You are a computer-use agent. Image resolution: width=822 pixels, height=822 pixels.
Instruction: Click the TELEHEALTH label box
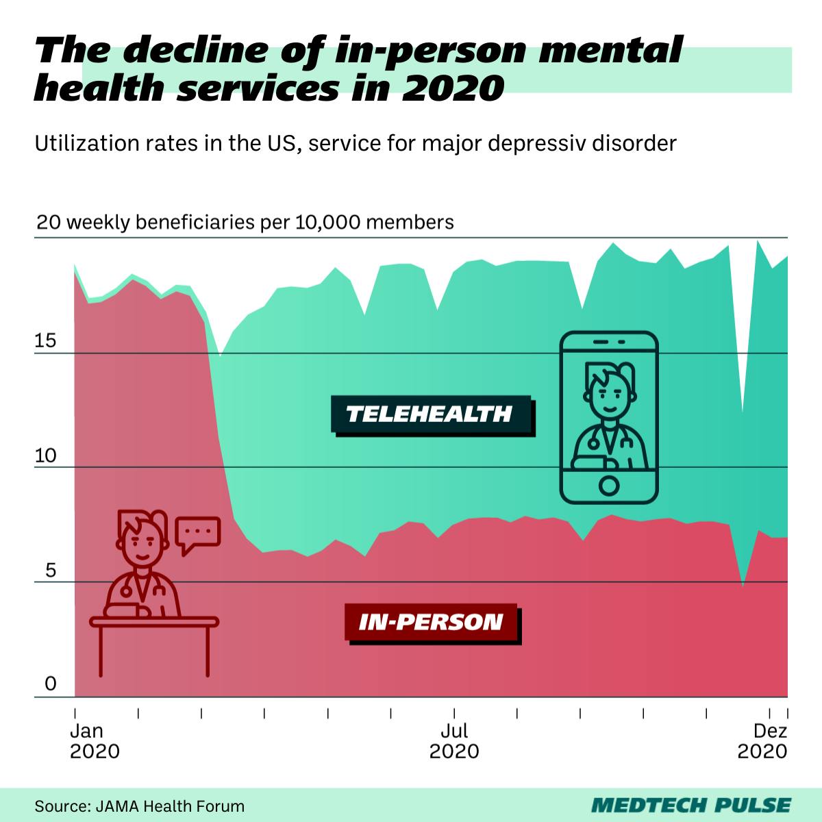[430, 414]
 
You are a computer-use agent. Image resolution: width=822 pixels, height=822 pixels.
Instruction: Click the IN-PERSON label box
[431, 622]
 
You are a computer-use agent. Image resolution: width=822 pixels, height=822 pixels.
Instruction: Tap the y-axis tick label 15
[45, 341]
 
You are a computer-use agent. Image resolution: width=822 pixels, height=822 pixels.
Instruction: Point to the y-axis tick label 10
[45, 456]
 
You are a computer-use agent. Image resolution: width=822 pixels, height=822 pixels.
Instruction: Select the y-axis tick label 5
[49, 570]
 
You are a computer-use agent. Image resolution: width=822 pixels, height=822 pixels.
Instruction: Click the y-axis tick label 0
[49, 684]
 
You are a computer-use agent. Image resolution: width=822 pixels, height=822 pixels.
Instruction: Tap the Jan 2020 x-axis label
[95, 741]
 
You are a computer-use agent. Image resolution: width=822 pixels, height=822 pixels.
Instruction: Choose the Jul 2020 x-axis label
[454, 741]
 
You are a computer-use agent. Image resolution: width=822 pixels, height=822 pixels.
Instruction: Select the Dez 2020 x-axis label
[763, 741]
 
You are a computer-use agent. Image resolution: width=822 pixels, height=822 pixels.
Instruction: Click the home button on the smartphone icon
[608, 486]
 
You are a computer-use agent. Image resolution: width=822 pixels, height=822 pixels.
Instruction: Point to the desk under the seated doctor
[154, 622]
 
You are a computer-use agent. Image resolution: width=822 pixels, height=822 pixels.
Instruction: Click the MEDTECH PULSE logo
[690, 805]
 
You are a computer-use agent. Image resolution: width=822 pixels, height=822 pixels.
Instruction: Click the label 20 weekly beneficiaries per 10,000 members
[245, 223]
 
